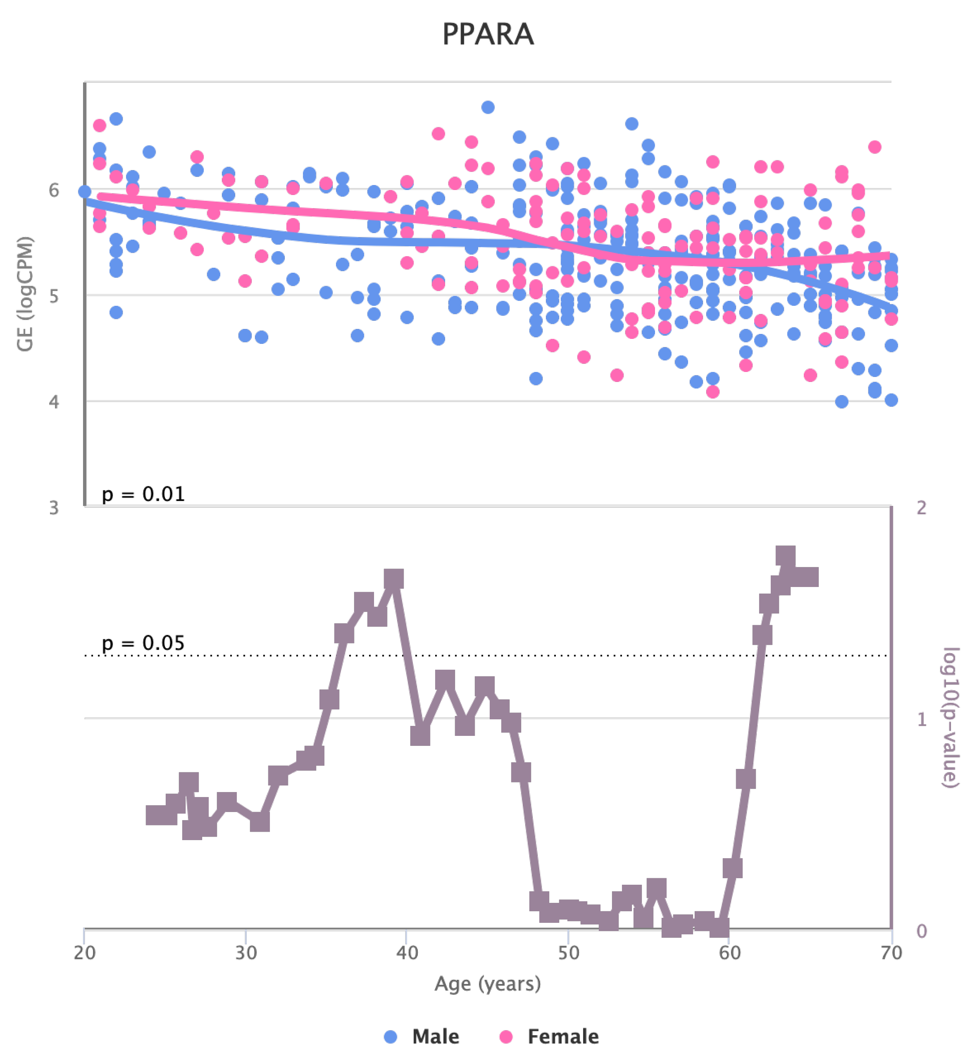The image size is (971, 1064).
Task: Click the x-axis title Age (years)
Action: (487, 983)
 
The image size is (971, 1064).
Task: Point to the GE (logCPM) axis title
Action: (25, 294)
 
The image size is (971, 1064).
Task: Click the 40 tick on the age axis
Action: (407, 953)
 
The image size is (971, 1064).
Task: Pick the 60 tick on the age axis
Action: (730, 953)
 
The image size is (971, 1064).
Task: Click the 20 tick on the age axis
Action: (85, 953)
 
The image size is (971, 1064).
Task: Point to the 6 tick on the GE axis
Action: (54, 190)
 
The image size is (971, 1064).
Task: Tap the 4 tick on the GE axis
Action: (54, 402)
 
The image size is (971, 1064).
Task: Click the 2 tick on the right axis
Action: (921, 507)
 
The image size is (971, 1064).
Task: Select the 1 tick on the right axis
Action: (921, 719)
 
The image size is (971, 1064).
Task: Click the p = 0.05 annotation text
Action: (143, 643)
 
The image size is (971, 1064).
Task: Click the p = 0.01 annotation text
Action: (143, 494)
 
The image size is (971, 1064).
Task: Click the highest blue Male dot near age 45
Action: (488, 107)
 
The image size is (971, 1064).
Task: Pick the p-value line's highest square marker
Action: (785, 556)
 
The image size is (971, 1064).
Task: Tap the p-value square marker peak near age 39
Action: (394, 579)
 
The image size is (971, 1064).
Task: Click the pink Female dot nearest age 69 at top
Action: (875, 147)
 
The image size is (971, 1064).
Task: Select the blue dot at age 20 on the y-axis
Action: (85, 192)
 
